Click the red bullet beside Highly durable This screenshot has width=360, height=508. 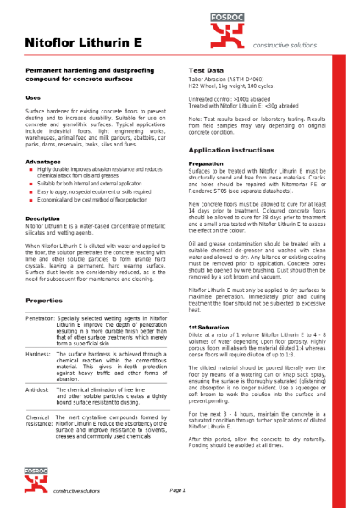click(x=30, y=169)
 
